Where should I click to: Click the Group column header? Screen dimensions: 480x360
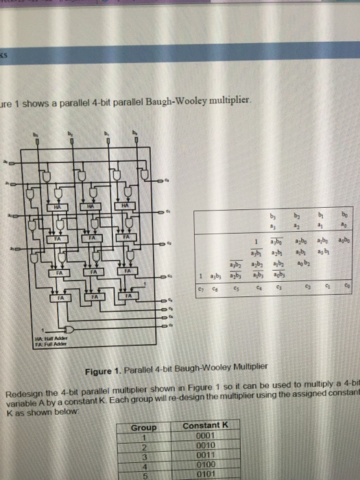[x=145, y=426]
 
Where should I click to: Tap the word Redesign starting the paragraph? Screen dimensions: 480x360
[x=25, y=393]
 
